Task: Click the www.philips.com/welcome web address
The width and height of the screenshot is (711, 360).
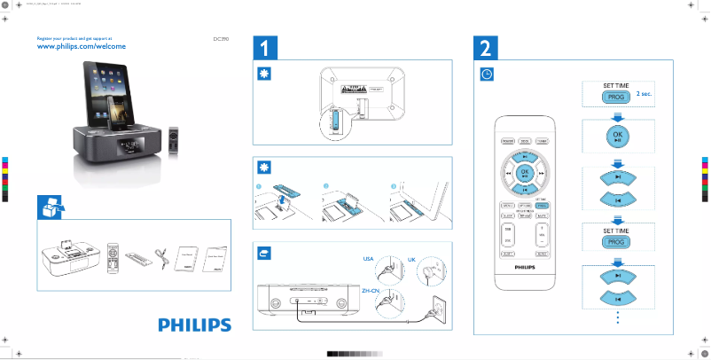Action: (x=80, y=46)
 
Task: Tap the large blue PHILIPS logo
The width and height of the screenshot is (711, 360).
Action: (x=194, y=325)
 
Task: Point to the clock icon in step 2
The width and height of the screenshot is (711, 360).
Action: (x=487, y=74)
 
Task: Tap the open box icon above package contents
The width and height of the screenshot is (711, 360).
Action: (x=50, y=206)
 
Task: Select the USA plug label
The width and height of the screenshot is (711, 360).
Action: (x=370, y=259)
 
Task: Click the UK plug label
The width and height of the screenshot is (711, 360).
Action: (x=411, y=259)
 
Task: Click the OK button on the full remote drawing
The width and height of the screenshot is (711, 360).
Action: (x=523, y=172)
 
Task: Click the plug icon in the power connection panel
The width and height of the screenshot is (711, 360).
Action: (x=263, y=253)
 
